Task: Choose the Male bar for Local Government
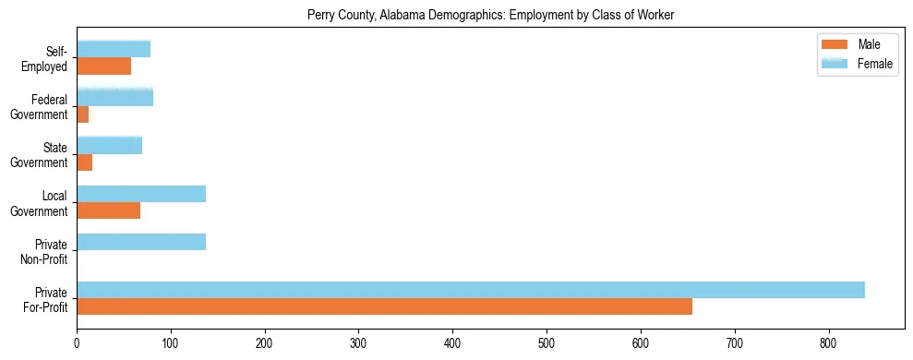click(109, 211)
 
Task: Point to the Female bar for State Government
click(110, 145)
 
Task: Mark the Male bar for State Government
click(85, 163)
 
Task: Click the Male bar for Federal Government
click(83, 114)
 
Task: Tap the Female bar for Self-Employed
click(114, 49)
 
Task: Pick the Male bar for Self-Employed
click(104, 66)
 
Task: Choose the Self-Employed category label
click(52, 58)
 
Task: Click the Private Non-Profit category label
click(51, 251)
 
